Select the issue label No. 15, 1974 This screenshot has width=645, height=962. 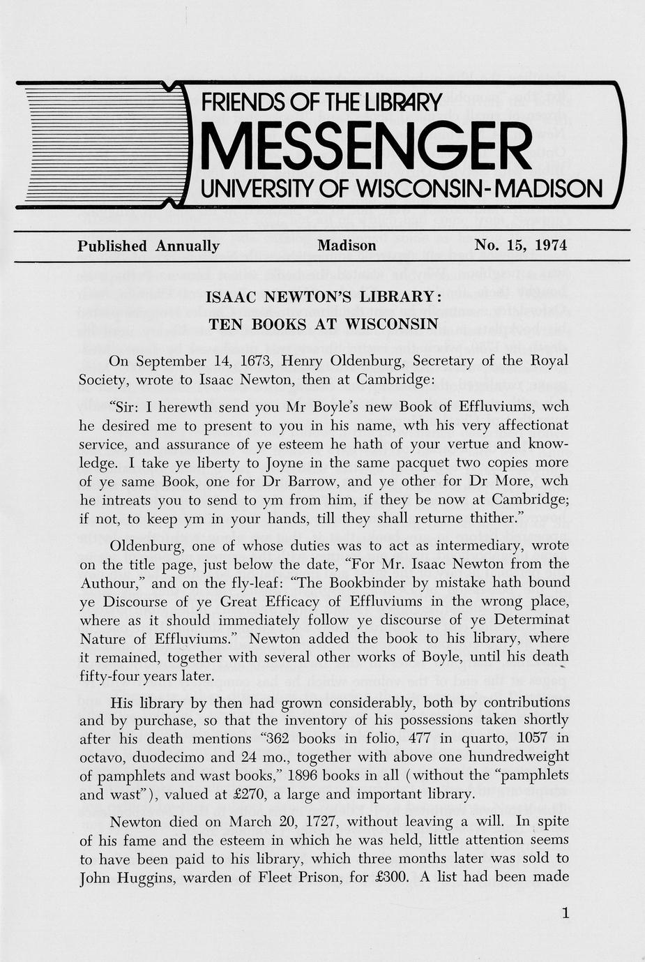pos(520,246)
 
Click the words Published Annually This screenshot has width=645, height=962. pos(149,246)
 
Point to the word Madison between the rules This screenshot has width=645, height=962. pos(347,246)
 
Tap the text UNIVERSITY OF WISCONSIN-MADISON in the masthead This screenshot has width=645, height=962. pos(402,188)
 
